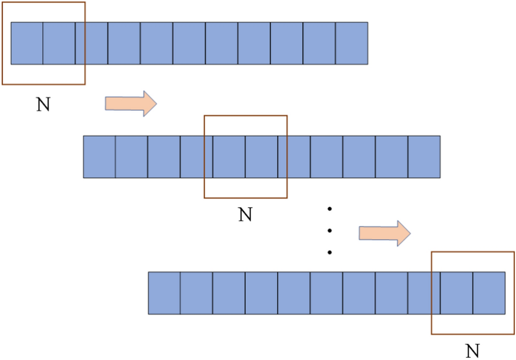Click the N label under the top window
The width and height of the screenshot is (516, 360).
[x=43, y=104]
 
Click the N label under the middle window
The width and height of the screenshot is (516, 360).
[x=245, y=214]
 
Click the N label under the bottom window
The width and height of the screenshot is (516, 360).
[x=472, y=351]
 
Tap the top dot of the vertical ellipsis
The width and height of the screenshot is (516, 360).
[x=330, y=209]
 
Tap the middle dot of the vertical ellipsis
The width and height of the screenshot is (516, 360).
[x=330, y=231]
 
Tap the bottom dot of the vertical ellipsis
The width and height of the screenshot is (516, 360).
[x=330, y=252]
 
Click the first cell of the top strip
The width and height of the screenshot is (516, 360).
[x=27, y=43]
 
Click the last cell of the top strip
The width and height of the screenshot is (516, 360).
[x=352, y=43]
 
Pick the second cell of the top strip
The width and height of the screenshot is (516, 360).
[x=59, y=43]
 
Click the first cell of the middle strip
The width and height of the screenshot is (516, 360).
[x=99, y=157]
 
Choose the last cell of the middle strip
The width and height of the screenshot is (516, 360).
[x=424, y=157]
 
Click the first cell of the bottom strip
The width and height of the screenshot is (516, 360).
[x=164, y=293]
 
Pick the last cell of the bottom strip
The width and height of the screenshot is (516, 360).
[x=489, y=293]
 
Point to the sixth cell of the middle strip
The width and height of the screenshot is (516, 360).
[x=262, y=157]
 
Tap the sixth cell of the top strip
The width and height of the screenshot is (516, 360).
[x=189, y=43]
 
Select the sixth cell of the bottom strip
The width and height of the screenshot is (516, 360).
[x=327, y=293]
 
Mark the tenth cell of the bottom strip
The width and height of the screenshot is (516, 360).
[x=456, y=293]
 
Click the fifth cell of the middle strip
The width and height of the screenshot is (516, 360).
[x=229, y=157]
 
